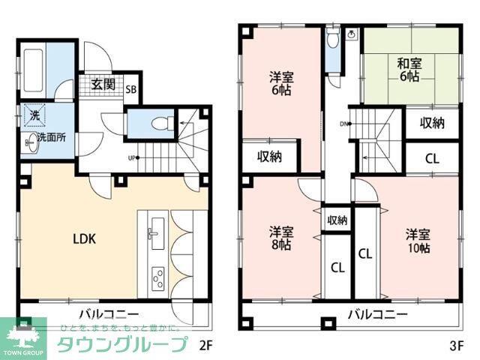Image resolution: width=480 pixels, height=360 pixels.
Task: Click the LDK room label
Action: (x=84, y=240)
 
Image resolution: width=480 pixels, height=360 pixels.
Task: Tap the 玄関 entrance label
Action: (x=103, y=84)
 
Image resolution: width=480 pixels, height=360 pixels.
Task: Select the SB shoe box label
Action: (x=131, y=88)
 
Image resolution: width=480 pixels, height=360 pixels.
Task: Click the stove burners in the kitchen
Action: (x=158, y=279)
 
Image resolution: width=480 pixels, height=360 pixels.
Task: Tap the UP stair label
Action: (x=132, y=157)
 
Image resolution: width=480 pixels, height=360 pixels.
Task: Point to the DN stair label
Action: (x=344, y=124)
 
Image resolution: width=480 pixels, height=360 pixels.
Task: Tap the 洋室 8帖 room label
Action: (x=281, y=237)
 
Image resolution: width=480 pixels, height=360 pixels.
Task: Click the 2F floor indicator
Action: (x=206, y=346)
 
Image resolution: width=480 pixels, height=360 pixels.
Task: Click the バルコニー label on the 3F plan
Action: (x=376, y=313)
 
